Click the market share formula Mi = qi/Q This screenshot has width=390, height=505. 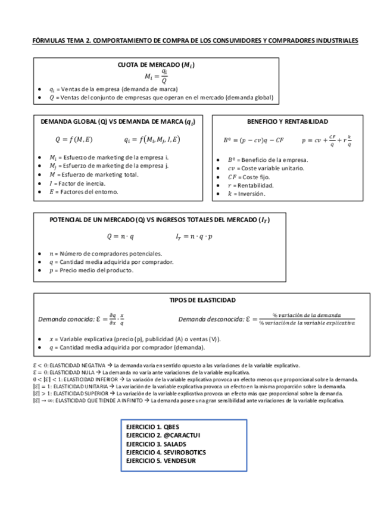(157, 76)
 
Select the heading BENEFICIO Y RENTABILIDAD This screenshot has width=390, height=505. (287, 121)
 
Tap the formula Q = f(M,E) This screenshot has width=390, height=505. (74, 140)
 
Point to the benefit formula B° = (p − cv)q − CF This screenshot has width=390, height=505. (254, 141)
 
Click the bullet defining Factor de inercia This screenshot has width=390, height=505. (77, 183)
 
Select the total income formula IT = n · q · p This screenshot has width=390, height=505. (194, 236)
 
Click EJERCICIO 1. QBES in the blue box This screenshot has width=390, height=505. (152, 428)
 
